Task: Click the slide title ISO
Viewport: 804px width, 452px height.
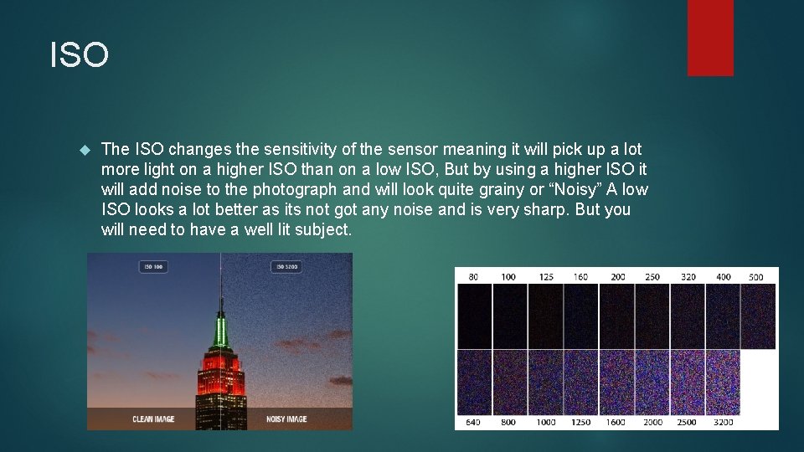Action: point(80,56)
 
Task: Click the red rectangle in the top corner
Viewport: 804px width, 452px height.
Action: point(710,37)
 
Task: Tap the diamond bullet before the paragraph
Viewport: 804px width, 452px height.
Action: point(83,150)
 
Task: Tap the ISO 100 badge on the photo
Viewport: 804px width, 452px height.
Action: point(153,267)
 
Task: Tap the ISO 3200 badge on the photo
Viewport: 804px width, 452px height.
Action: point(286,267)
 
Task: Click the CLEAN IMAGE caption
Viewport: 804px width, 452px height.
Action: point(153,419)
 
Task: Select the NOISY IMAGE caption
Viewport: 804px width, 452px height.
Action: point(286,419)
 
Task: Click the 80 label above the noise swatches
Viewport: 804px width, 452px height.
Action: point(473,276)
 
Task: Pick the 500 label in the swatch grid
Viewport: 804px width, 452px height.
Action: point(756,276)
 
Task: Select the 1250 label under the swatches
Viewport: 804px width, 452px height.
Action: point(580,422)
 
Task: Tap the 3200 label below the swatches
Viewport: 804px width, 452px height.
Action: point(723,422)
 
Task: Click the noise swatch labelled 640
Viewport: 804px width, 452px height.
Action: point(474,383)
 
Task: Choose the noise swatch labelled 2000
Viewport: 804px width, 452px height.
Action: point(652,383)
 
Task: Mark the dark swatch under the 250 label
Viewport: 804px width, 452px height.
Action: point(652,316)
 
